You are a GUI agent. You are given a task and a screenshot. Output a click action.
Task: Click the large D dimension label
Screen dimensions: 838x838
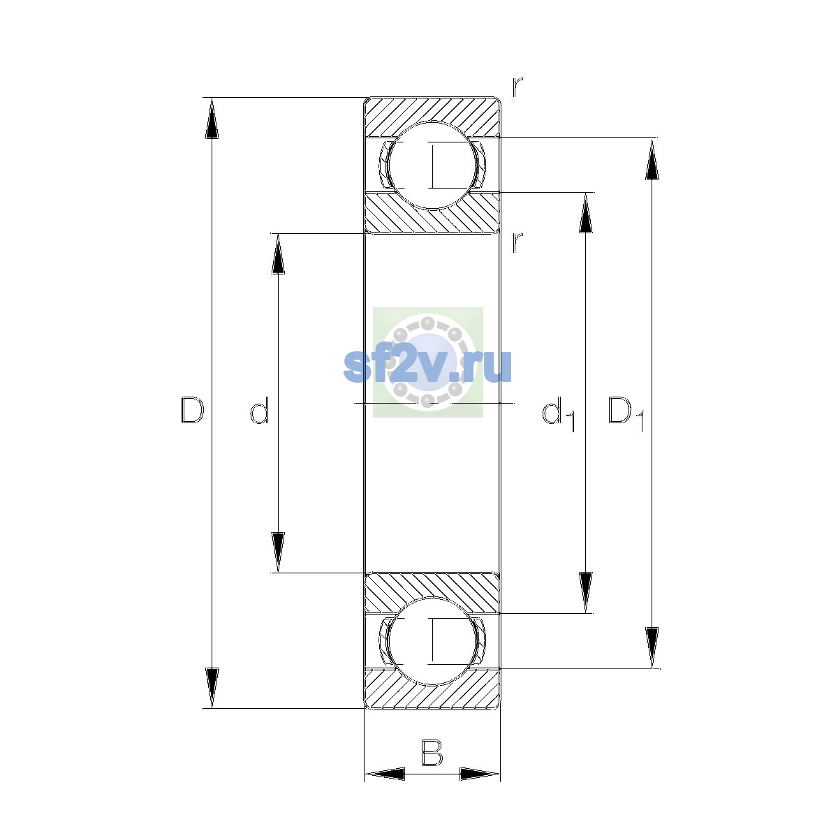pyautogui.click(x=192, y=410)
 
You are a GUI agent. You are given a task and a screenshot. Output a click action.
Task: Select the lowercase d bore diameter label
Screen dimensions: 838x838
pyautogui.click(x=260, y=410)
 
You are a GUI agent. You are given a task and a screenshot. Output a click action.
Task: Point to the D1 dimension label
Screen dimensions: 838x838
pyautogui.click(x=625, y=413)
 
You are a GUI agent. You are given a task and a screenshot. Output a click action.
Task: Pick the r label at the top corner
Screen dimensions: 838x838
pyautogui.click(x=517, y=87)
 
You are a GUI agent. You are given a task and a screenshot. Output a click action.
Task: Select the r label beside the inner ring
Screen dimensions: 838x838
pyautogui.click(x=517, y=242)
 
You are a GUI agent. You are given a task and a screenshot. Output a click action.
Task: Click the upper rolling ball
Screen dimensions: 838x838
pyautogui.click(x=432, y=166)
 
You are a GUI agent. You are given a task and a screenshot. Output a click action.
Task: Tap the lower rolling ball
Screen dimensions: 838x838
pyautogui.click(x=432, y=642)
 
